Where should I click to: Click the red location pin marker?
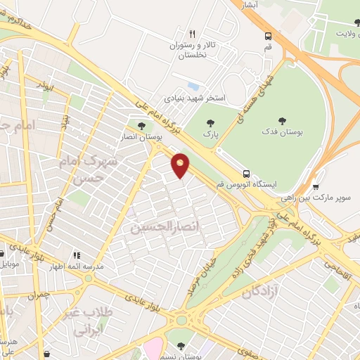pos(181,165)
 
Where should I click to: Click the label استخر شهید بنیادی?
pos(195,98)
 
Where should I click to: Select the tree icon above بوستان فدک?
pos(283,121)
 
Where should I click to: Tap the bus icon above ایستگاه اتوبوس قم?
pos(246,173)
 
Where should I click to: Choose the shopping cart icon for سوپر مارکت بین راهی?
pos(316,187)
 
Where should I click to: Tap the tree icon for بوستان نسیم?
pos(181,345)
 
